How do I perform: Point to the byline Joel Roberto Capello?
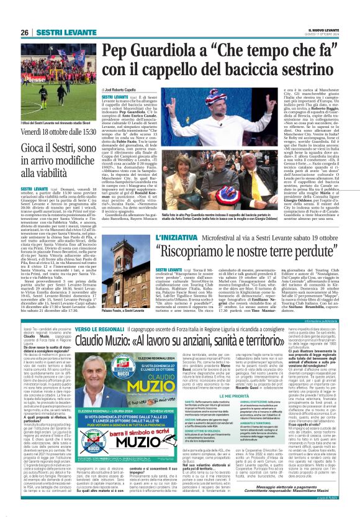(122, 91)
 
